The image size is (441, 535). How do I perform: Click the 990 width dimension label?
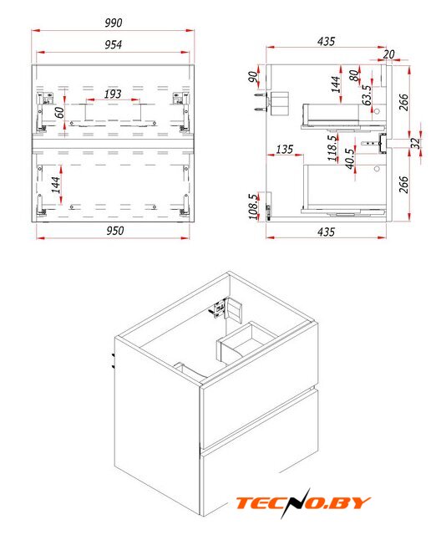[113, 23]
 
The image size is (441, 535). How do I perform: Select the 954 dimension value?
[113, 44]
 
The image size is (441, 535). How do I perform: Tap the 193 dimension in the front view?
[113, 94]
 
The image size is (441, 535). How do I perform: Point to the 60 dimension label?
[59, 112]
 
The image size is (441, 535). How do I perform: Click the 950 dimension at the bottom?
[115, 231]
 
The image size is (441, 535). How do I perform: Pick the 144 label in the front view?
[56, 185]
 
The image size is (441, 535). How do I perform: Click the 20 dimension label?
[388, 54]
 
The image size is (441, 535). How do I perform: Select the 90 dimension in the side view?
[253, 77]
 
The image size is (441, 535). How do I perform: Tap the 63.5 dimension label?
[367, 95]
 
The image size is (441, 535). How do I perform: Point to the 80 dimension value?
[354, 75]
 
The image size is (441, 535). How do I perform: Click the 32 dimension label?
[415, 143]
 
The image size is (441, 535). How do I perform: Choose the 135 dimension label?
[285, 149]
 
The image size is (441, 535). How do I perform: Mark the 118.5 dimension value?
[332, 148]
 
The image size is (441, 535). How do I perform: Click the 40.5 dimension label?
[350, 159]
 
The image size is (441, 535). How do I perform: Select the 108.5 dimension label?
[253, 206]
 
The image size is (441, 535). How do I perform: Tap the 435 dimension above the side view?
[326, 41]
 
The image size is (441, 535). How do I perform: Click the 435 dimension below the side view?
[326, 232]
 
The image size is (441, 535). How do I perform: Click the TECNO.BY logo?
[303, 502]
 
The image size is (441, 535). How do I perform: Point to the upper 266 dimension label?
[403, 102]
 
